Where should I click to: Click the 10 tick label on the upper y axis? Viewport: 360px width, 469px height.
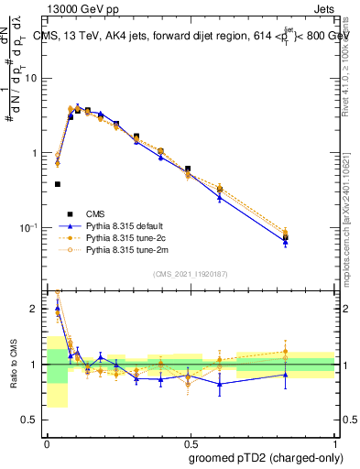pos(34,78)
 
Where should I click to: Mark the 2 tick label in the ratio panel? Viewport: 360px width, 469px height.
pos(38,309)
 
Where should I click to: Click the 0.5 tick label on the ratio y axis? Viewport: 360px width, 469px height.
pos(34,420)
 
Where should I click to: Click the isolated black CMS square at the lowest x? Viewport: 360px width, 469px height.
pos(58,184)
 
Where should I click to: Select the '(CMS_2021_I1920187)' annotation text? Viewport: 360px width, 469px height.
pos(190,274)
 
